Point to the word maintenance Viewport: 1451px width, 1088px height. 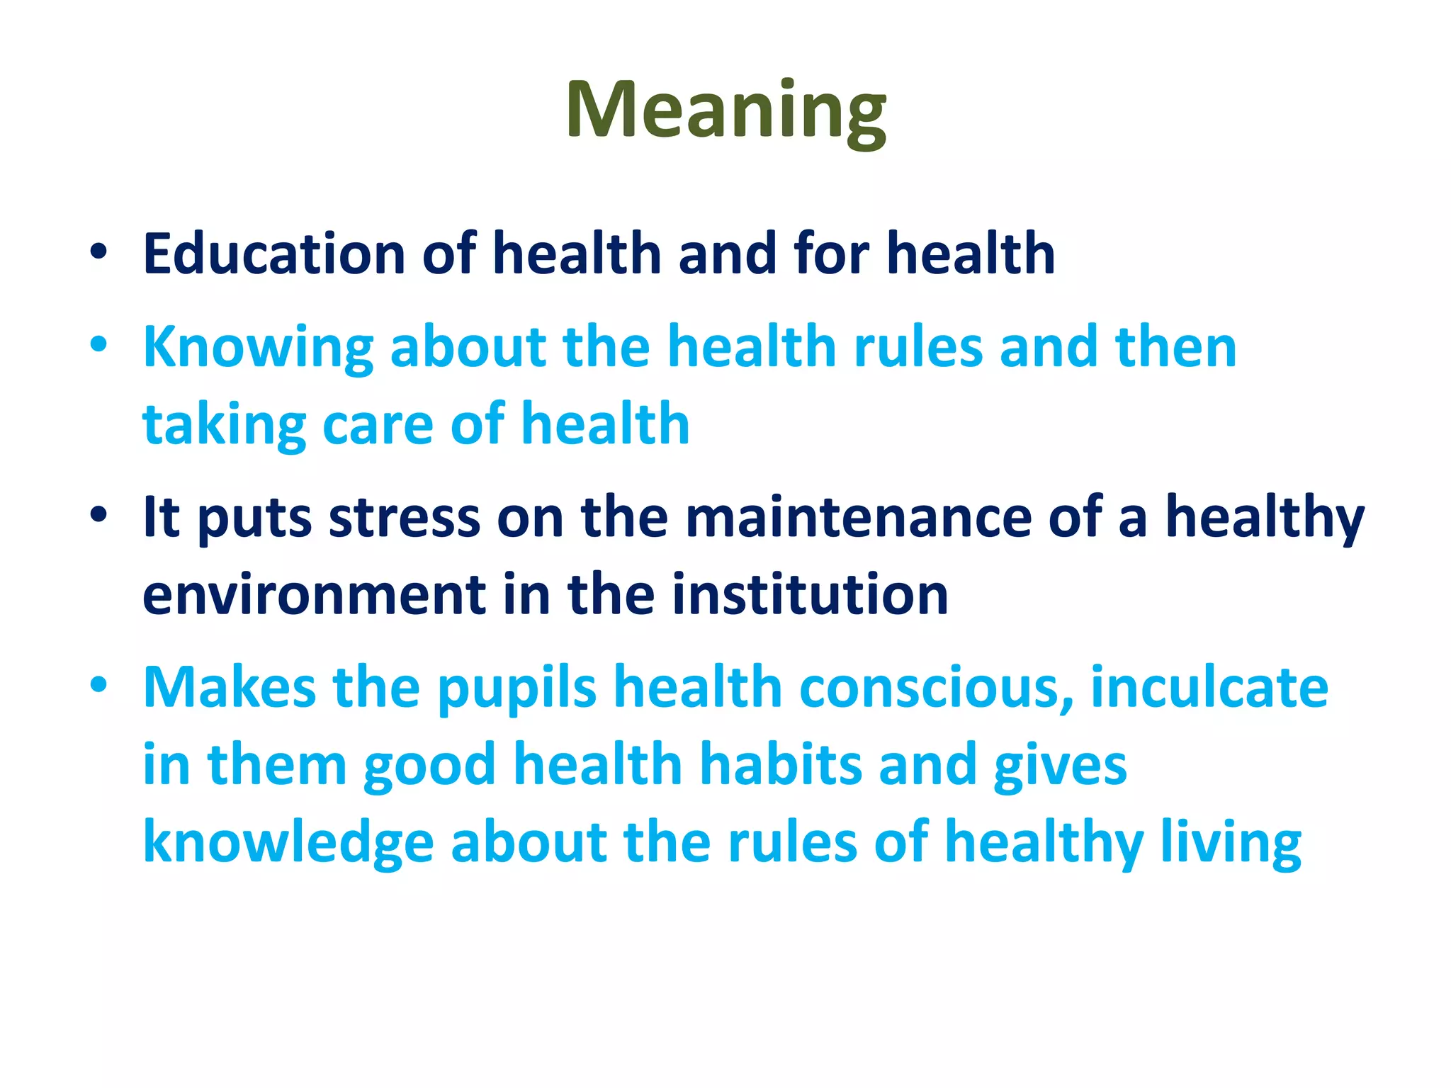(858, 518)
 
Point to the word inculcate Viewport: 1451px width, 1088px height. (1209, 687)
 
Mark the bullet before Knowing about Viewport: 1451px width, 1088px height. (98, 345)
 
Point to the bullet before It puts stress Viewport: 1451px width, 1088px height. (98, 515)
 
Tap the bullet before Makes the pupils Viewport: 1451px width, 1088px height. (98, 685)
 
